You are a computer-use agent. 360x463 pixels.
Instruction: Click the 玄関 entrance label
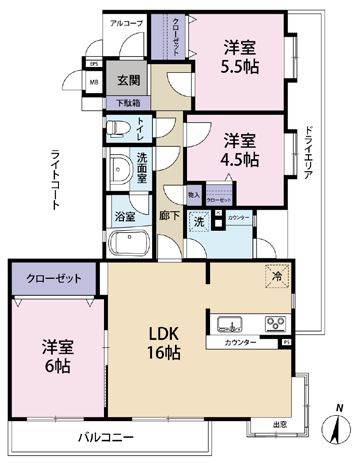(x=126, y=81)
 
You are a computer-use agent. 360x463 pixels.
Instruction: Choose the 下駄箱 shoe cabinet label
(x=128, y=101)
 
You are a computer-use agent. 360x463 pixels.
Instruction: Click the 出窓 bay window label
(x=282, y=423)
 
